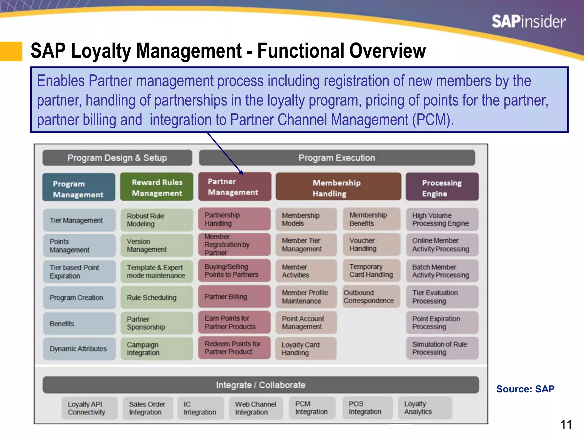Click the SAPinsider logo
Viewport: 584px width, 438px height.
point(528,22)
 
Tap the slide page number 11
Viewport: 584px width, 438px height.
point(566,425)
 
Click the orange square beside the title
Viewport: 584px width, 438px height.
point(11,51)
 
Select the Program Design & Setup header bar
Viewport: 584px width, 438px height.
point(117,158)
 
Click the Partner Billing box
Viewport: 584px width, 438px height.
point(234,297)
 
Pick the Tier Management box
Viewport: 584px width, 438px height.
point(79,220)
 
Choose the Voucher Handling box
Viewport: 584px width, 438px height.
point(371,245)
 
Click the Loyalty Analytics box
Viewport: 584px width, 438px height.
point(425,408)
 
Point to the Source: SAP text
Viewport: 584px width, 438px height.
point(525,389)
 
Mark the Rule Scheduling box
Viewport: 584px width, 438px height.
point(157,297)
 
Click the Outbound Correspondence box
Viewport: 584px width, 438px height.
point(371,297)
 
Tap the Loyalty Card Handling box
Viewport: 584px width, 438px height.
point(306,348)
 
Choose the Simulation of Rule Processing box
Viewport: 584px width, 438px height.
point(442,348)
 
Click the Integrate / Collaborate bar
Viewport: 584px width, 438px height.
point(261,385)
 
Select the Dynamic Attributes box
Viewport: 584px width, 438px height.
point(79,348)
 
